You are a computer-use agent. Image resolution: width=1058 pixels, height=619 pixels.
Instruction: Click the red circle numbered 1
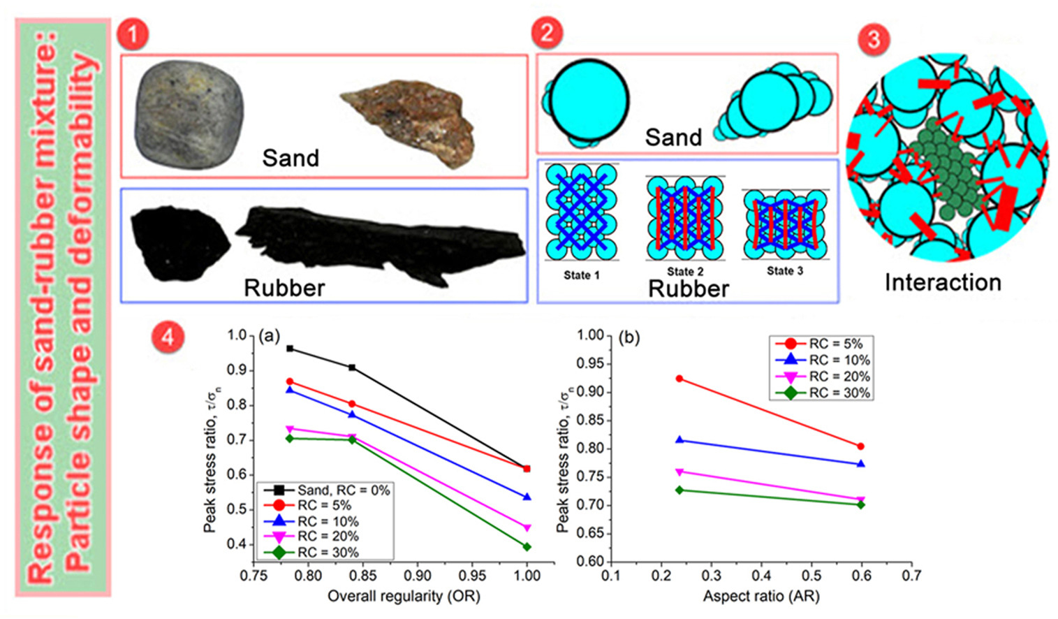click(133, 34)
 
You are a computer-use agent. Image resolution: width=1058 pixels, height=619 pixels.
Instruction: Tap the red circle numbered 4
click(168, 337)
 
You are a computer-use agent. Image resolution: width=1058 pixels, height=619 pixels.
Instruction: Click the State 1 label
click(582, 275)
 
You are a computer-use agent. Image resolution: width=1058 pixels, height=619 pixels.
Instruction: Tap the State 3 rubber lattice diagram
click(786, 224)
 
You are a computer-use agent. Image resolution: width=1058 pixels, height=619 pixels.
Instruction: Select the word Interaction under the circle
click(943, 282)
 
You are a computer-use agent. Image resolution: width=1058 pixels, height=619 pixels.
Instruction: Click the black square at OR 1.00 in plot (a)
click(527, 469)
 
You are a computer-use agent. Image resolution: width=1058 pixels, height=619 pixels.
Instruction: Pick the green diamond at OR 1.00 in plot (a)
click(527, 547)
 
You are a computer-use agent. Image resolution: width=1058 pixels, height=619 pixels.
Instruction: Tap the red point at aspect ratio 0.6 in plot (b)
click(860, 446)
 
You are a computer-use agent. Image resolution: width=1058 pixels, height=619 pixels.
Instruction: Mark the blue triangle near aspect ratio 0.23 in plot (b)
click(679, 440)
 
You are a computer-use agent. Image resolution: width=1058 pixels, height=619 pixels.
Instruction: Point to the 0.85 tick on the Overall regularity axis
click(362, 575)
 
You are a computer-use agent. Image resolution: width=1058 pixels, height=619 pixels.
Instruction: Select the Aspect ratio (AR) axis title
click(761, 596)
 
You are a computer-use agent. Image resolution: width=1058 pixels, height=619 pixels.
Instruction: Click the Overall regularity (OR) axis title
click(404, 596)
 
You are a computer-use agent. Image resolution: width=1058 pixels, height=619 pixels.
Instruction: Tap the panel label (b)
click(629, 337)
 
